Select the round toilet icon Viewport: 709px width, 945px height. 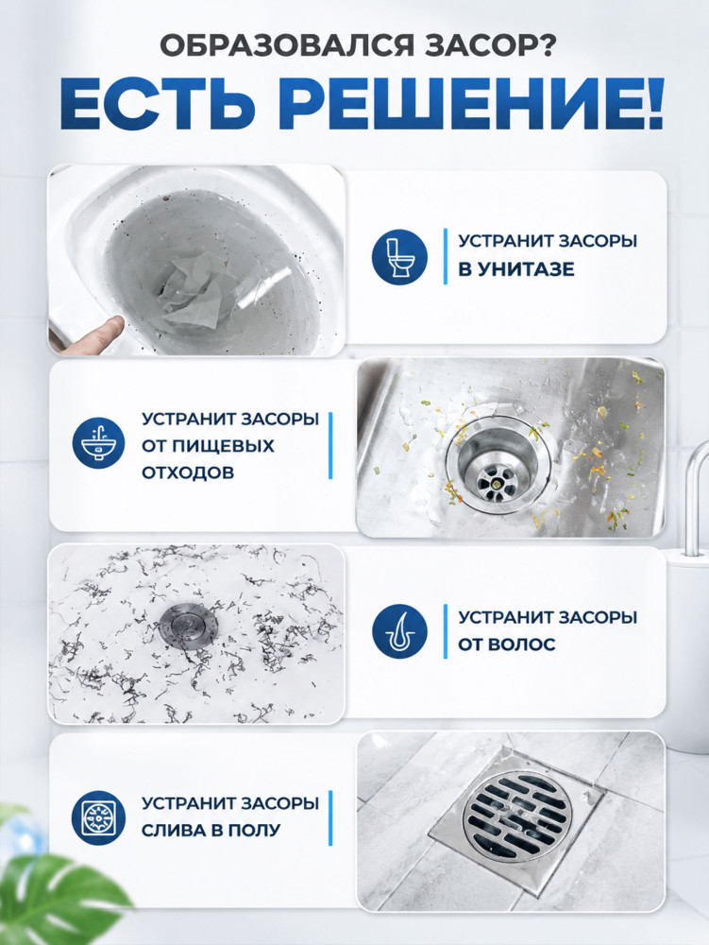tap(399, 257)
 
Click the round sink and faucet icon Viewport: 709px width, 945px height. tap(99, 445)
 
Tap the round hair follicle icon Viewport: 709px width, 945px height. tap(399, 631)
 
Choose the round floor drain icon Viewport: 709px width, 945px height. tap(99, 817)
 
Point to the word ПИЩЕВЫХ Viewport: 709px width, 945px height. tap(224, 446)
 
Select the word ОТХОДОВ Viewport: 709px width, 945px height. tap(188, 472)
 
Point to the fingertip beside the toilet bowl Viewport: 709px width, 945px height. tap(112, 328)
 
